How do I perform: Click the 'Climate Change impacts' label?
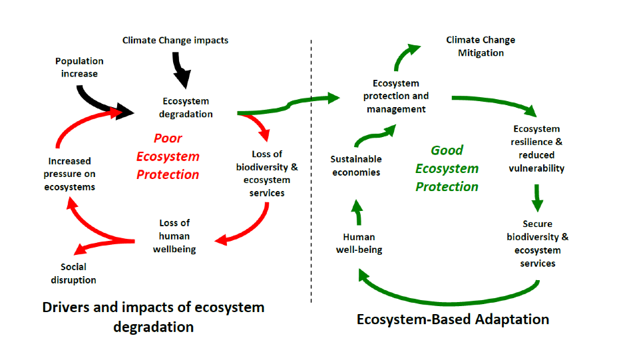(x=175, y=41)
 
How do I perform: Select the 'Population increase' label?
(x=79, y=67)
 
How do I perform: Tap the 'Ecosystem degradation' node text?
(x=186, y=108)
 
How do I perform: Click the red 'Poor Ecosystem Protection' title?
(x=168, y=157)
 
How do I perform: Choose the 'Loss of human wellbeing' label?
(x=174, y=236)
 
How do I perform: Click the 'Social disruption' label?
(x=73, y=273)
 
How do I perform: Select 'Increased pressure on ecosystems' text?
(x=69, y=174)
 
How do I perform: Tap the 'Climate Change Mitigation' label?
(x=481, y=47)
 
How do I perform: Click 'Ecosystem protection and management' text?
(x=396, y=96)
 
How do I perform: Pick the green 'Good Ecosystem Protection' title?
(x=447, y=168)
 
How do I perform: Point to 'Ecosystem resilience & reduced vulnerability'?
(x=536, y=148)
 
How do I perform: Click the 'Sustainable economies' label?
(x=356, y=166)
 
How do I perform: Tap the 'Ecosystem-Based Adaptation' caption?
(x=453, y=319)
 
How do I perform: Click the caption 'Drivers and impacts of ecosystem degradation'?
(x=153, y=317)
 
